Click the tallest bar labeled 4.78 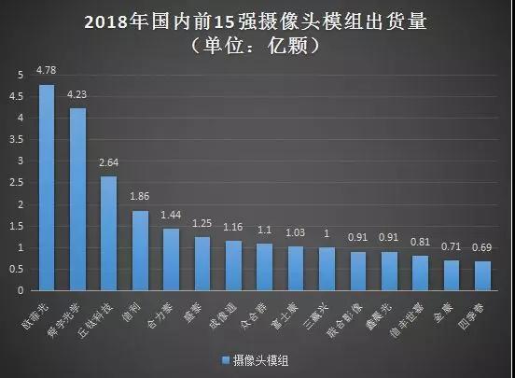pos(46,187)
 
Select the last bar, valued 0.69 pos(482,275)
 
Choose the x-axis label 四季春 pos(477,309)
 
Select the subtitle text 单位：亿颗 pos(257,45)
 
